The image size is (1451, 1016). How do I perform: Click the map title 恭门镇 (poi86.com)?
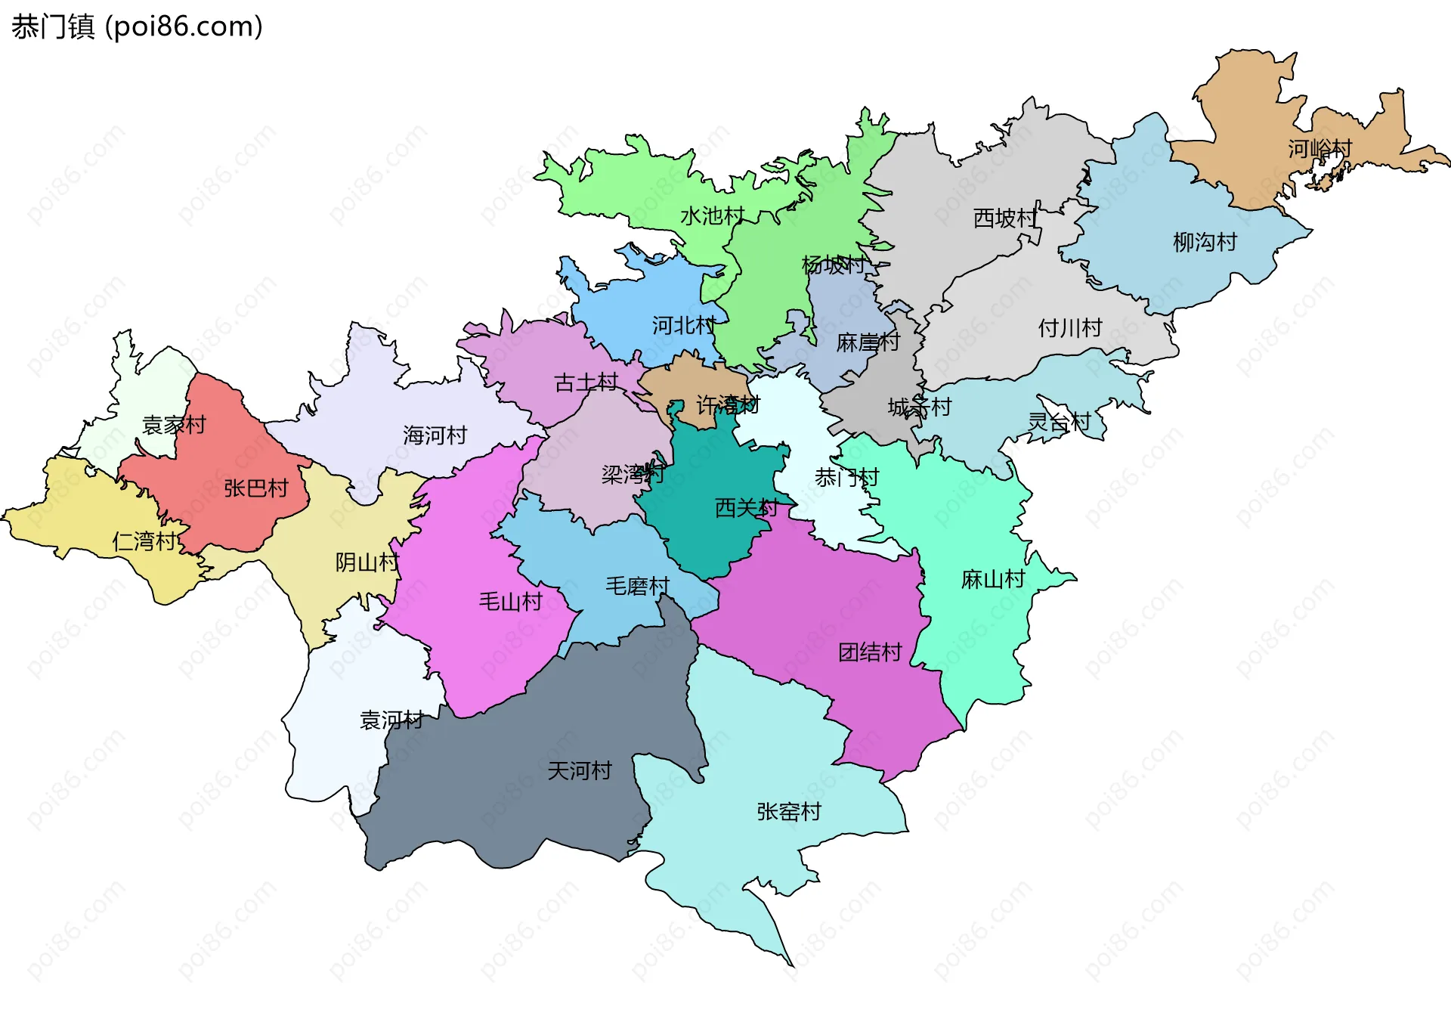coord(137,26)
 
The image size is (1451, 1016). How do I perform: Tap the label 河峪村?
coord(1320,149)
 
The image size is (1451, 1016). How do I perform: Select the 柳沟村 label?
coord(1205,242)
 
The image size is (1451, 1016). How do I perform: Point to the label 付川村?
coord(1069,328)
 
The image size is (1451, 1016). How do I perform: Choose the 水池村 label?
coord(712,216)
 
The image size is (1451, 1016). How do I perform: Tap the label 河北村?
coord(684,326)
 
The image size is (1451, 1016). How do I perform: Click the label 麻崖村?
coord(868,343)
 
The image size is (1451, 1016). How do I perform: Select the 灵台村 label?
coord(1059,423)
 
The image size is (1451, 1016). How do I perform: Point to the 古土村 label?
coord(586,383)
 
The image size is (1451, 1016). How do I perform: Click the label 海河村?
coord(435,435)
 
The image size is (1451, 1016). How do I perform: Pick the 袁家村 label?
coord(174,425)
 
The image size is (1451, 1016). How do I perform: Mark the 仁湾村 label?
coord(144,541)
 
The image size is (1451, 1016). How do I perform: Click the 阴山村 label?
coord(367,562)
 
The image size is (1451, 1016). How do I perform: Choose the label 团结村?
coord(870,652)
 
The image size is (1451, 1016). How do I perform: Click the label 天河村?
coord(579,771)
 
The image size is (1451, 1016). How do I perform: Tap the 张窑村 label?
coord(788,812)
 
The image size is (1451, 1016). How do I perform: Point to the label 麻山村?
coord(992,580)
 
